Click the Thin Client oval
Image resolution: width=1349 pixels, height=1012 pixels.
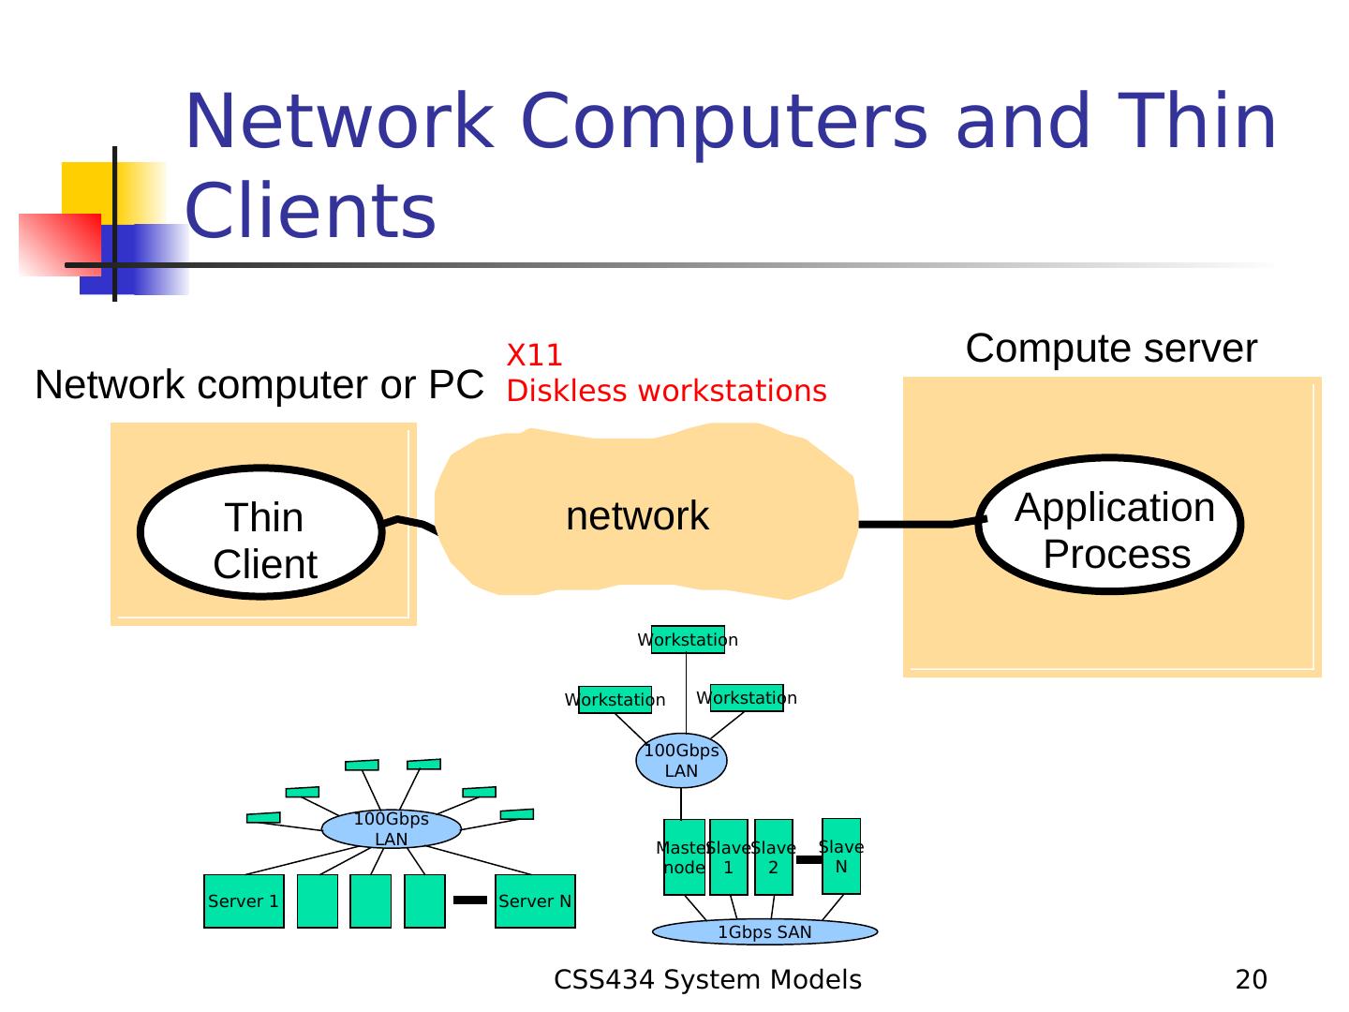(x=261, y=532)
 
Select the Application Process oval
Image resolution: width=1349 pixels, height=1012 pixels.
(x=1110, y=526)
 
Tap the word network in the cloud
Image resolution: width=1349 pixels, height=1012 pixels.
(x=637, y=516)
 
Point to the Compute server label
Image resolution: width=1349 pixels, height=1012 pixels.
(x=1111, y=349)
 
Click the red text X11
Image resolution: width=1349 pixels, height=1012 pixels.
(x=535, y=356)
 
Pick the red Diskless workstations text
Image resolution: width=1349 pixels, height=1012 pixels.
(x=666, y=392)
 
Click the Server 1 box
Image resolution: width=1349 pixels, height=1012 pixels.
(x=244, y=901)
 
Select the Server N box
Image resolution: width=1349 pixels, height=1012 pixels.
(x=535, y=901)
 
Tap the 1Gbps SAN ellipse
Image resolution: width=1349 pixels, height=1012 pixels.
(x=764, y=932)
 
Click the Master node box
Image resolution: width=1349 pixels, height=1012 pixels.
(x=684, y=857)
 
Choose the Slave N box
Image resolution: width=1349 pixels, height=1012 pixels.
(x=841, y=856)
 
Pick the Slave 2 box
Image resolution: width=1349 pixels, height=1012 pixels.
(x=774, y=857)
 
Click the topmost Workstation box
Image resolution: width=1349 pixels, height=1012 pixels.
(x=688, y=640)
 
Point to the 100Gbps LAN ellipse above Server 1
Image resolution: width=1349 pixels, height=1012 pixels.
(x=392, y=829)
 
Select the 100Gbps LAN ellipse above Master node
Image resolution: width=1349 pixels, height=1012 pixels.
(x=681, y=761)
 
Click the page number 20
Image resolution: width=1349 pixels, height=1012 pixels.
(x=1251, y=980)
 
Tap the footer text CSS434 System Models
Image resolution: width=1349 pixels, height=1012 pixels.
(x=707, y=980)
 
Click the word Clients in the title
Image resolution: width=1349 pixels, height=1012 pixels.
(x=311, y=211)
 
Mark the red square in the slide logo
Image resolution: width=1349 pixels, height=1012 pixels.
(x=58, y=245)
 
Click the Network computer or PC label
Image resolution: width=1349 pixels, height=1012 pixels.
(x=259, y=385)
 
